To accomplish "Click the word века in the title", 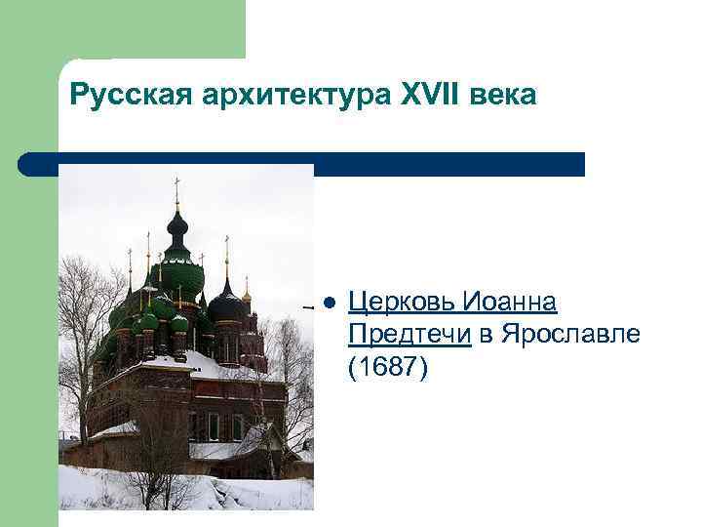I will coord(503,96).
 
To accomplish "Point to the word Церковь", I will coord(402,303).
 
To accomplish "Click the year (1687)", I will coord(387,368).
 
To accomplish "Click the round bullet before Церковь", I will coord(329,303).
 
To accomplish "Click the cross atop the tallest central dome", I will coord(176,185).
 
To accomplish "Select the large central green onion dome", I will coord(177,274).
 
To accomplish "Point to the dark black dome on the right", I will coord(227,306).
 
